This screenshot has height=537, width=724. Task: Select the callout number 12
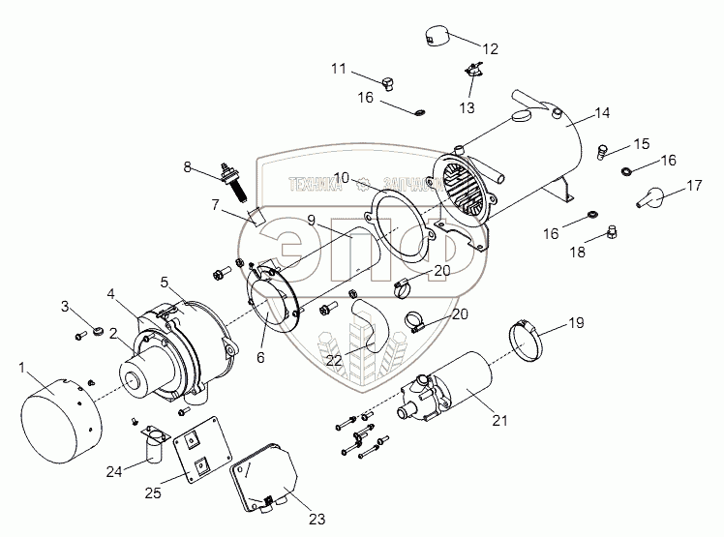tap(490, 48)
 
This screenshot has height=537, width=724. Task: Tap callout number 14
tap(602, 113)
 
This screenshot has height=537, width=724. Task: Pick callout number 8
tap(187, 166)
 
